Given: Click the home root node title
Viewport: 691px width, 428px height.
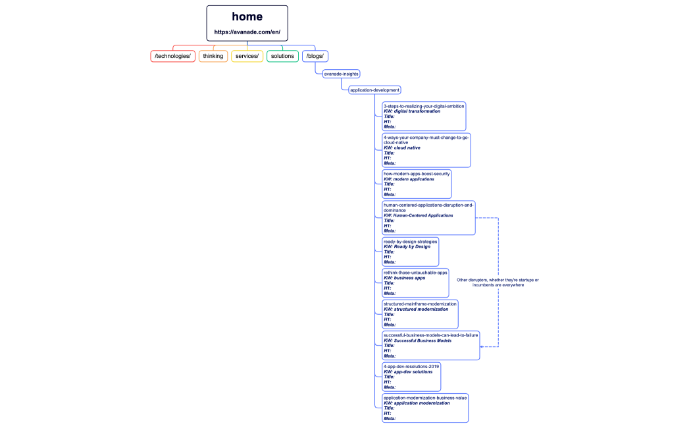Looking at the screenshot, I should [x=247, y=17].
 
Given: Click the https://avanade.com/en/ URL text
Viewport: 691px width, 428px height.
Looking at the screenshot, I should [x=247, y=32].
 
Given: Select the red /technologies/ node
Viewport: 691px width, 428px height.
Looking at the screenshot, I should [x=173, y=56].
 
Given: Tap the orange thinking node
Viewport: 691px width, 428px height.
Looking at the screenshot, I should [x=213, y=56].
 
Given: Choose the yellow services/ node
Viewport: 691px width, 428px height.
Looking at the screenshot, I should [x=247, y=56].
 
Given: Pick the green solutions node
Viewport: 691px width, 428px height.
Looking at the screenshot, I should [x=282, y=56].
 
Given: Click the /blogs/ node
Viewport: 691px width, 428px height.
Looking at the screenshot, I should [x=316, y=56].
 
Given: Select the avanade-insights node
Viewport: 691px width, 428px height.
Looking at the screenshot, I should [x=341, y=74].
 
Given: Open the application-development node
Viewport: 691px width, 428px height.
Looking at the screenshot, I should [x=375, y=90].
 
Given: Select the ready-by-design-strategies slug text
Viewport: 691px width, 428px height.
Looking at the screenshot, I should [x=410, y=242].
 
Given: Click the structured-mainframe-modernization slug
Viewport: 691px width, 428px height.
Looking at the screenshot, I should [x=420, y=304].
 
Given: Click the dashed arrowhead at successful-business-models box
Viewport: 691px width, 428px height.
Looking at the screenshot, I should [x=482, y=346].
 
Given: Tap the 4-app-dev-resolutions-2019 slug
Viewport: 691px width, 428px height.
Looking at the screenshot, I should [x=411, y=366].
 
